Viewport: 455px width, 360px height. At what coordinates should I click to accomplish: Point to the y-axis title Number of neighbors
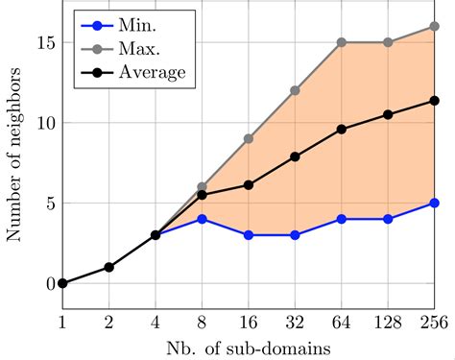pos(14,163)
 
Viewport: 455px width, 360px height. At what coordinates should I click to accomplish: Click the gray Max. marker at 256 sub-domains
pos(434,27)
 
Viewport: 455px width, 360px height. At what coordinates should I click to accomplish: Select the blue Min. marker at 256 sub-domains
pos(434,203)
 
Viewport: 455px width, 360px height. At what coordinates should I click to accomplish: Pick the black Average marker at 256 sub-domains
pos(434,101)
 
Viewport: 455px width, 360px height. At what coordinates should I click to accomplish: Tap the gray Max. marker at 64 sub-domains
pos(341,42)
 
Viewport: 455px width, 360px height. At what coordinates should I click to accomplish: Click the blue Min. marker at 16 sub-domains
pos(248,235)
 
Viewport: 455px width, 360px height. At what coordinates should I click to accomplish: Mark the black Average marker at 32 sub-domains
pos(295,156)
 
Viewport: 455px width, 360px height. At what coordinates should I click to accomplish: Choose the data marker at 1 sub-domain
pos(62,283)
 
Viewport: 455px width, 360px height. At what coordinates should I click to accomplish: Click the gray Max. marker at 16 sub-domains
pos(248,138)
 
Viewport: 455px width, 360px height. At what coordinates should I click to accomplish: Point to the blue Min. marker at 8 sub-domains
pos(202,219)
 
